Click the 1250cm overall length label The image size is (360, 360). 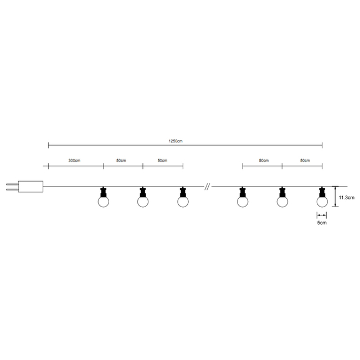click(x=176, y=141)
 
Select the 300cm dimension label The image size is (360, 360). click(x=74, y=160)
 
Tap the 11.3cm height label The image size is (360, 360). click(x=347, y=198)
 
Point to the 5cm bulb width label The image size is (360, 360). click(x=322, y=223)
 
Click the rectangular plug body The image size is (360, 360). click(x=30, y=187)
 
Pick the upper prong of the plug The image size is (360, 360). click(x=12, y=184)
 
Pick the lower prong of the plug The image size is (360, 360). click(x=12, y=189)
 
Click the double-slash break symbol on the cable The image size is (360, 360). click(x=207, y=187)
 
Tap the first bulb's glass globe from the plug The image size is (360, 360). click(x=104, y=202)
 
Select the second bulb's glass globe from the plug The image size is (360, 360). click(x=143, y=202)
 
